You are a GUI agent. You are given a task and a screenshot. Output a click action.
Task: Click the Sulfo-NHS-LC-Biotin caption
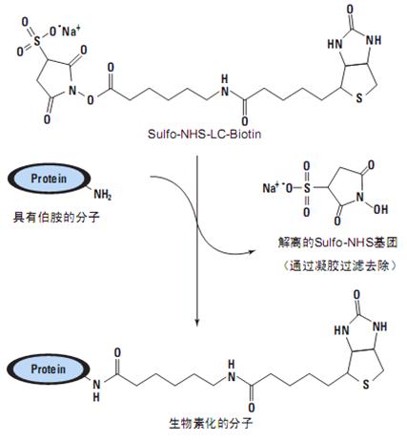pos(204,134)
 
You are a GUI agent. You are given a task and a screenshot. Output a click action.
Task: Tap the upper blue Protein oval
pos(49,179)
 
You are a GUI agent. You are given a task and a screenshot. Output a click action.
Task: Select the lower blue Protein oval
pos(49,369)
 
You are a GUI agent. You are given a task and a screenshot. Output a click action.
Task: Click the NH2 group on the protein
pos(102,195)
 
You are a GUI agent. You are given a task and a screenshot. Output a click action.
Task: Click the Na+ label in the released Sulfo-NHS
pos(271,188)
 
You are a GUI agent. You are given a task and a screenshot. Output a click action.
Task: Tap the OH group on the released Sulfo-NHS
pos(380,209)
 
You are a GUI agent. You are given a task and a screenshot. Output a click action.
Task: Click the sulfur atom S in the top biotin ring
pos(359,97)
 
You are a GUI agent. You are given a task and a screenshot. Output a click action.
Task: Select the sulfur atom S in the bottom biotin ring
pos(366,384)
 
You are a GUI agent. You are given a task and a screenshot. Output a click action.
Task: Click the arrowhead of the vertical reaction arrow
pos(197,322)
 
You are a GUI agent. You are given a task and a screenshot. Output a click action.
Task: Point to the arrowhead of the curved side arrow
pos(252,252)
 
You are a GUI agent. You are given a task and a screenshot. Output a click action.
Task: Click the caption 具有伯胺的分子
pos(56,218)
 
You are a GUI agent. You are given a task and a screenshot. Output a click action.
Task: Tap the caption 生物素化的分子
pos(211,424)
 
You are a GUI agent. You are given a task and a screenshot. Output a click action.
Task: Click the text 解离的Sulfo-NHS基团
pos(337,243)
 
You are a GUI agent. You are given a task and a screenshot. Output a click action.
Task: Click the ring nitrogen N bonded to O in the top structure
pos(72,91)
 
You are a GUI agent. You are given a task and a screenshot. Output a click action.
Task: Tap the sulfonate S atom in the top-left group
pos(37,40)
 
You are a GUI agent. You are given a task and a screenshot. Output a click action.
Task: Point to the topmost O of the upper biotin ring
pos(350,10)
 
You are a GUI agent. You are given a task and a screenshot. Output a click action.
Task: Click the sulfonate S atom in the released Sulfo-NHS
pos(307,188)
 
